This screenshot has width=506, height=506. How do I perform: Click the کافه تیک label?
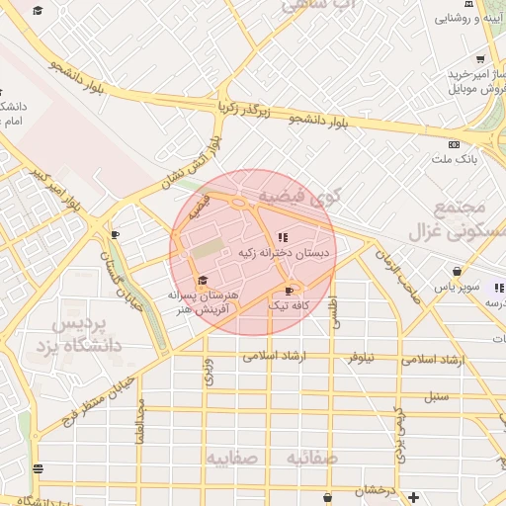pyautogui.click(x=290, y=306)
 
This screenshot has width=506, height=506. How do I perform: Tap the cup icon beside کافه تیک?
pyautogui.click(x=289, y=291)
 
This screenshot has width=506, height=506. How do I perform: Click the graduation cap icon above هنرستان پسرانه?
pyautogui.click(x=203, y=281)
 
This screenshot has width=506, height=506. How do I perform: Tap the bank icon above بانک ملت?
pyautogui.click(x=454, y=144)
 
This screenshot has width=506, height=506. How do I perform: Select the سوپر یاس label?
pyautogui.click(x=461, y=287)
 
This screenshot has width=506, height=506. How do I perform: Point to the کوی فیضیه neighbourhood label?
pyautogui.click(x=295, y=198)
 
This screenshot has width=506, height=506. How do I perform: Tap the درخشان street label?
pyautogui.click(x=377, y=490)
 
